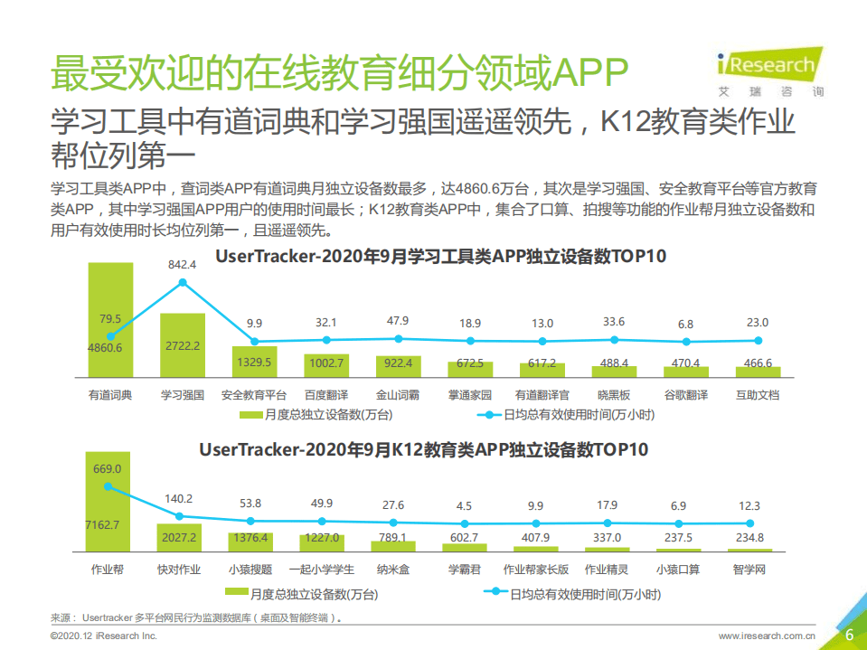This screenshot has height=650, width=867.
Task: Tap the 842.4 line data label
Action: (x=182, y=263)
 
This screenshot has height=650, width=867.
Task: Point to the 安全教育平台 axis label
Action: (x=254, y=395)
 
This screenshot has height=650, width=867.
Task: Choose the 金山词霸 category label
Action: (x=399, y=395)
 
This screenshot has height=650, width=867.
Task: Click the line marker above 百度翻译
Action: (x=326, y=340)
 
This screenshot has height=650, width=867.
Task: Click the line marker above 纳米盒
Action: (x=393, y=523)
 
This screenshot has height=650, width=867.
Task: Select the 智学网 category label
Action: (x=750, y=570)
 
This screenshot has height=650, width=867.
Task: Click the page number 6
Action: (x=849, y=635)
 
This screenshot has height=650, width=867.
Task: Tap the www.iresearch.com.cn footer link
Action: (x=767, y=636)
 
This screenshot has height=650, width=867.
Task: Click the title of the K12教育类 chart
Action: (x=423, y=449)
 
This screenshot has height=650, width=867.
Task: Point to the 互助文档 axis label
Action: (x=759, y=395)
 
